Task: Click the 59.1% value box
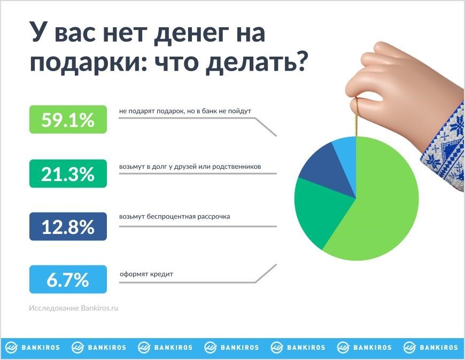click(x=68, y=119)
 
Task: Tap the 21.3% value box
click(x=68, y=174)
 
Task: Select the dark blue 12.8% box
click(x=68, y=226)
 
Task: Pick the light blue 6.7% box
click(x=68, y=279)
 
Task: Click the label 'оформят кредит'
click(x=146, y=274)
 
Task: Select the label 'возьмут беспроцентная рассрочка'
click(x=174, y=217)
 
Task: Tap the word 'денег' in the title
click(x=191, y=33)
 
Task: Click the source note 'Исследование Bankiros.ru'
click(x=74, y=308)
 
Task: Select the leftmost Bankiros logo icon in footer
click(x=12, y=347)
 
